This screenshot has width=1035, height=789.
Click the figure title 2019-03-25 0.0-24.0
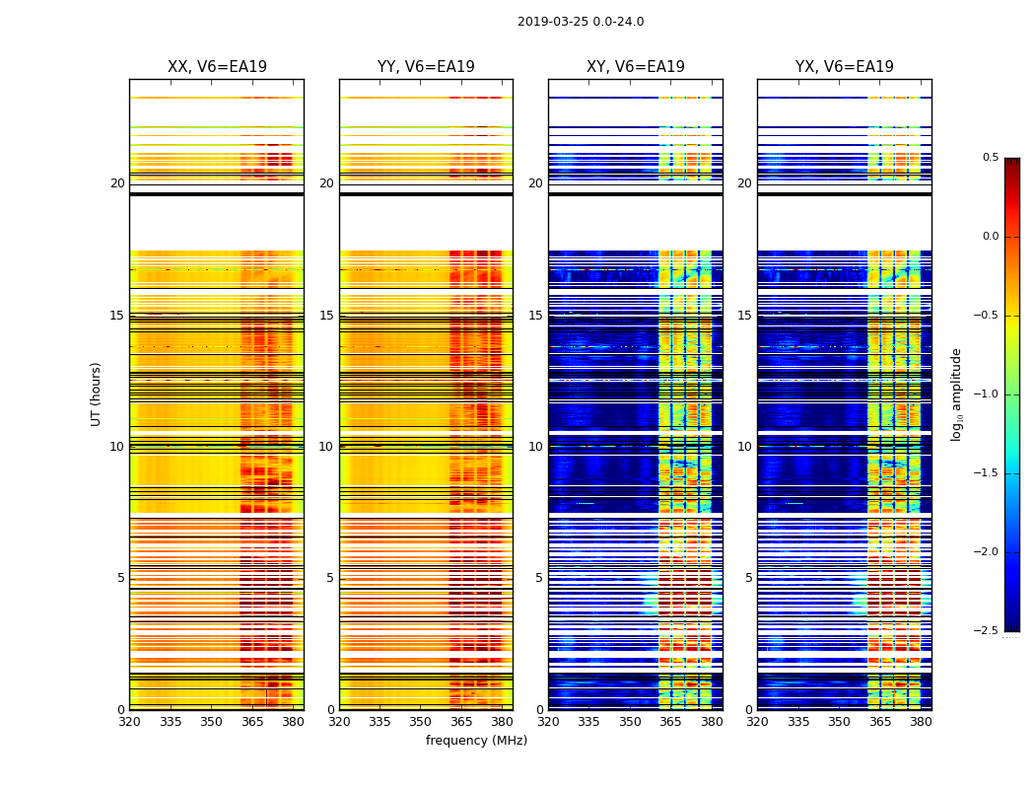pyautogui.click(x=581, y=22)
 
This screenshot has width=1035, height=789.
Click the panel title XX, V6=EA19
pyautogui.click(x=217, y=67)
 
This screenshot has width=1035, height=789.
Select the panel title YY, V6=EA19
pyautogui.click(x=426, y=67)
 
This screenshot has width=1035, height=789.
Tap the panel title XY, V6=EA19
pyautogui.click(x=636, y=67)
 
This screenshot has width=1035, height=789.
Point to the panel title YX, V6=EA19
pyautogui.click(x=845, y=67)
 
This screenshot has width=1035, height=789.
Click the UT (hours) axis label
pyautogui.click(x=97, y=394)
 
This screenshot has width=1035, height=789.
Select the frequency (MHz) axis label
pyautogui.click(x=476, y=741)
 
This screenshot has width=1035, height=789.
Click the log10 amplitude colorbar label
pyautogui.click(x=955, y=394)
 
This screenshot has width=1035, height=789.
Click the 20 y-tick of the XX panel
pyautogui.click(x=117, y=183)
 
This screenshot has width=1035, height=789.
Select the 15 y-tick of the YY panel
pyautogui.click(x=327, y=316)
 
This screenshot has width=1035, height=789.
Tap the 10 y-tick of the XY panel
pyautogui.click(x=536, y=447)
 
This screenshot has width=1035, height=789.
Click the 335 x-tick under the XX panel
pyautogui.click(x=171, y=721)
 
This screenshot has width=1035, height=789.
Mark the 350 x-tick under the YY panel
pyautogui.click(x=421, y=721)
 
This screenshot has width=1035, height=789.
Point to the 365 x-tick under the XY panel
pyautogui.click(x=671, y=721)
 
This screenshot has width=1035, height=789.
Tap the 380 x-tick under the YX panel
pyautogui.click(x=921, y=721)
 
